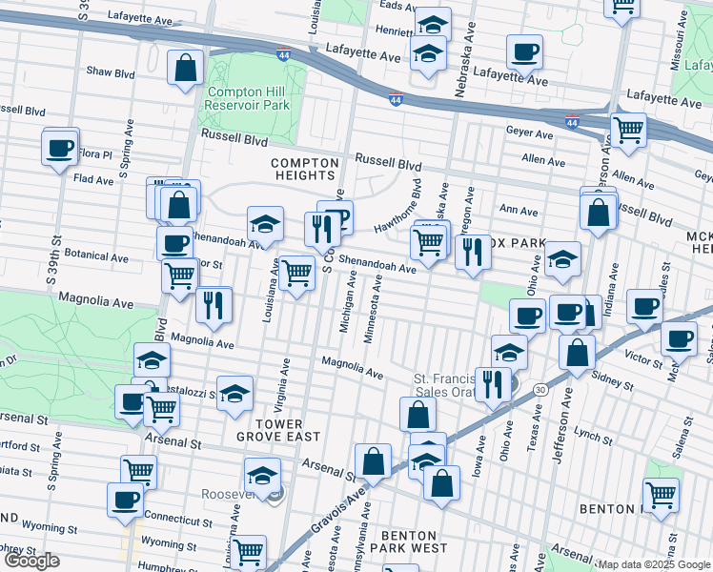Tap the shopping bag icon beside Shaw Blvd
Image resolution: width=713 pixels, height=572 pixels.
[185, 69]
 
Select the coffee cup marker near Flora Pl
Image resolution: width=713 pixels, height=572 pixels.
[60, 149]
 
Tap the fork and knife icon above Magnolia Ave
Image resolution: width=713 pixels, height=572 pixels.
[214, 305]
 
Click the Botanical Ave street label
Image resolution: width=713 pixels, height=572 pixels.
[96, 256]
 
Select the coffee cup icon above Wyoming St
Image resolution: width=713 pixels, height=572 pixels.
[124, 500]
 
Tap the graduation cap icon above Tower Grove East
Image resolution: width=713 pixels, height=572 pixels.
[234, 395]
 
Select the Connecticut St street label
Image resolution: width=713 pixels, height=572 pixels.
[178, 521]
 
